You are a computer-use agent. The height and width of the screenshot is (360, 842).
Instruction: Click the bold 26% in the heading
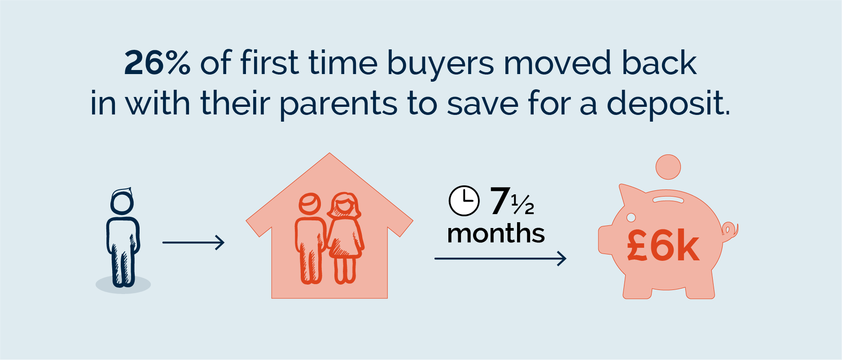[157, 62]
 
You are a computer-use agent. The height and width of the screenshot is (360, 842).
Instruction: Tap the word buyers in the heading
[440, 66]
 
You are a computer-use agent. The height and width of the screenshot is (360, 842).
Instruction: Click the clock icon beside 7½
[464, 201]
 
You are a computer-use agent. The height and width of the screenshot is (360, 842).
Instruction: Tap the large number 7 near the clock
[500, 201]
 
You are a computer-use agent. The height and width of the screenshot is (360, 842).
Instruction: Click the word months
[496, 233]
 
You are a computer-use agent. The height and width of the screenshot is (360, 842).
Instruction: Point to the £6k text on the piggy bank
[663, 246]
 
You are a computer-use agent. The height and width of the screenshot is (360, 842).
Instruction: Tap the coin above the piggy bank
[668, 167]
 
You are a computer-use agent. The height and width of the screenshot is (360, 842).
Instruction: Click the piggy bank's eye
[631, 218]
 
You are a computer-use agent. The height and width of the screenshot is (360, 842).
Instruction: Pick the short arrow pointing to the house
[193, 242]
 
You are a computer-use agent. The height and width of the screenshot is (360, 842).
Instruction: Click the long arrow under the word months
[500, 259]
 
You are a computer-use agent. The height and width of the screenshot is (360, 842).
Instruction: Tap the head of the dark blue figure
[122, 201]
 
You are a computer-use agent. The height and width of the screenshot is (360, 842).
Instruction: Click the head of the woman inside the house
[344, 204]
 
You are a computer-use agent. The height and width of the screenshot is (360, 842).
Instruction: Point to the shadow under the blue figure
[123, 285]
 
